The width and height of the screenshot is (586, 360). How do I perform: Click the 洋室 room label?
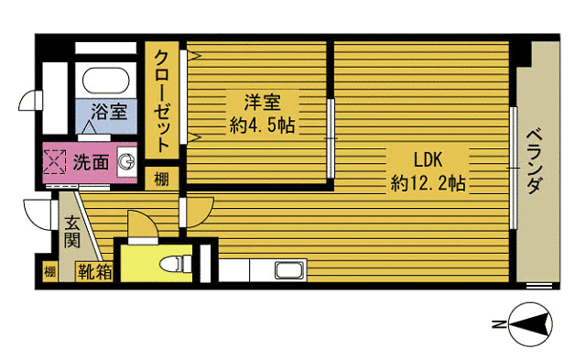tap(263, 103)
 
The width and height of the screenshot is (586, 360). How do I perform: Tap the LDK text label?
tap(428, 159)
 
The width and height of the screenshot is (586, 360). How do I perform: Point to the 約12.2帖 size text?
tap(429, 183)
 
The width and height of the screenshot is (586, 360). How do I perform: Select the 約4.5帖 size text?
tap(263, 125)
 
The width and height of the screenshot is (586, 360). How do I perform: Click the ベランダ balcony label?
tap(535, 161)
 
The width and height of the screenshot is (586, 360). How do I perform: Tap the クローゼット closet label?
tap(162, 101)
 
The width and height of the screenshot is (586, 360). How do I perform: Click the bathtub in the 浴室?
tap(106, 81)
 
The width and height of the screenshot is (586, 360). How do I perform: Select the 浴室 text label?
tap(109, 112)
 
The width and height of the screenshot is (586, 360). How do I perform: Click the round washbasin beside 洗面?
tap(126, 162)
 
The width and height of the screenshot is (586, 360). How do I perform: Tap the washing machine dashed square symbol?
tap(55, 162)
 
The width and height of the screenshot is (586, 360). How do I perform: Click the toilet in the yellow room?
tap(176, 264)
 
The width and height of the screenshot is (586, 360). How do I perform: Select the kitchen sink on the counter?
tap(290, 270)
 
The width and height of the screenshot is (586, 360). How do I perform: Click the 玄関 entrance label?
tap(71, 232)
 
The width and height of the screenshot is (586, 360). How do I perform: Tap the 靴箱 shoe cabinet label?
tap(94, 272)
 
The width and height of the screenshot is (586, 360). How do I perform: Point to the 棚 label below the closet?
tap(162, 180)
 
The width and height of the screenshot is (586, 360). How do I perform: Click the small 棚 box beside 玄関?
tap(49, 272)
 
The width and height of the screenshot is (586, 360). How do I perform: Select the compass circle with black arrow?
tap(531, 324)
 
